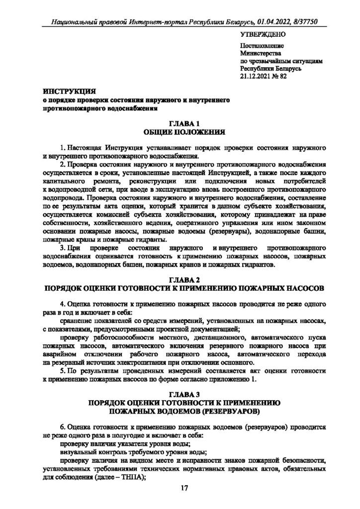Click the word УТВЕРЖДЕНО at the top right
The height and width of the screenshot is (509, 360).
point(263,35)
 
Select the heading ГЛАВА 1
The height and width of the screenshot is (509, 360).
point(184,123)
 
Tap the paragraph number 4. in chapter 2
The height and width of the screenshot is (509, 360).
point(62,304)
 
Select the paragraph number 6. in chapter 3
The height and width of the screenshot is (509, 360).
point(62,426)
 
